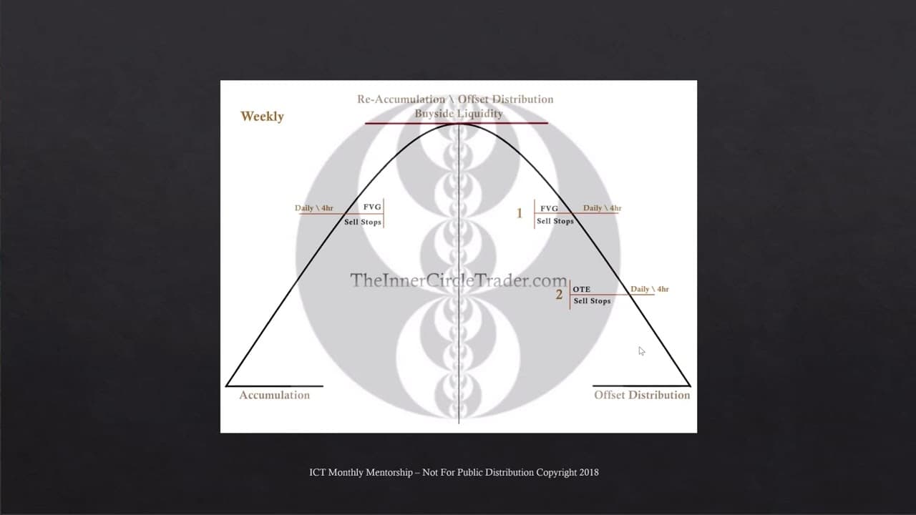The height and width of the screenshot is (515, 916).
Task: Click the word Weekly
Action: click(262, 117)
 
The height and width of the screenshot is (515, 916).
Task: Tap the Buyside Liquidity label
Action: click(459, 114)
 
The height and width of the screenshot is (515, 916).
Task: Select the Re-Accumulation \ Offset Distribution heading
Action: click(455, 99)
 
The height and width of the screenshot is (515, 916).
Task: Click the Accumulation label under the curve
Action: click(274, 396)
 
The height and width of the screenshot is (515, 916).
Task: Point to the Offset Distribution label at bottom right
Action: click(642, 396)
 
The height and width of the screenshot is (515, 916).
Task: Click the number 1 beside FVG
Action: click(520, 213)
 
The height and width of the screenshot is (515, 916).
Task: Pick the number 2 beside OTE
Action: click(559, 294)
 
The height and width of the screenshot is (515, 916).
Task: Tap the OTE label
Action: click(582, 289)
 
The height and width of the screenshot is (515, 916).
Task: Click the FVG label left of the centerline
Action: click(372, 207)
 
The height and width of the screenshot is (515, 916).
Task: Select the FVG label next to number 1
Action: click(549, 208)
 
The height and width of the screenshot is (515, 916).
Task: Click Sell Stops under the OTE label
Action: click(592, 301)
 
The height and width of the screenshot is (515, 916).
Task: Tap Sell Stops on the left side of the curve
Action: click(363, 222)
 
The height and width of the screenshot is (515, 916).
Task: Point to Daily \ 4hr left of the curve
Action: click(314, 207)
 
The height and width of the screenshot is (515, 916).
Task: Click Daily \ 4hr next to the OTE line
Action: click(650, 289)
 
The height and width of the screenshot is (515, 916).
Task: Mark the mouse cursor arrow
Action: click(641, 351)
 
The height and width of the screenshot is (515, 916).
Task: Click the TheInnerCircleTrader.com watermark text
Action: click(459, 280)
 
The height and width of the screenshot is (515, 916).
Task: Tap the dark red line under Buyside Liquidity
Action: click(457, 123)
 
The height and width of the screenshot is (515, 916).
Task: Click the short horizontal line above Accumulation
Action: click(274, 386)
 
